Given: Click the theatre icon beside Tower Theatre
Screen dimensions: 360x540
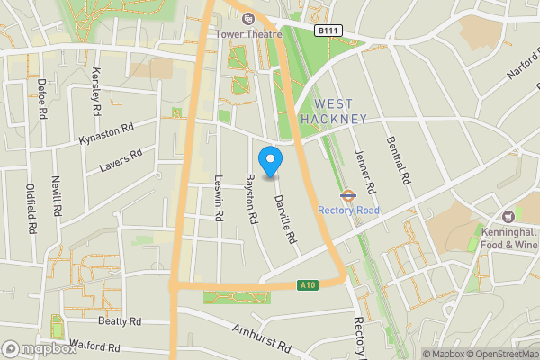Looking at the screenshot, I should [248, 18].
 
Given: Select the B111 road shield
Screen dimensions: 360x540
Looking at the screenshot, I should [328, 31].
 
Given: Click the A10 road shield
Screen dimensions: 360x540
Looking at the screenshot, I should [307, 285].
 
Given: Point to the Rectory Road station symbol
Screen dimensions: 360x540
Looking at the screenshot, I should [347, 193].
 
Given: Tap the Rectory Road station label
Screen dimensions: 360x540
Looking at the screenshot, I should [348, 211].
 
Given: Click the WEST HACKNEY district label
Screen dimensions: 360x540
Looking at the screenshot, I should [333, 112].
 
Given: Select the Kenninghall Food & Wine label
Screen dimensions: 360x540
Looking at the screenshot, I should [508, 237].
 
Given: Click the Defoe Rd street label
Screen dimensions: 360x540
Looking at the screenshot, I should [41, 99].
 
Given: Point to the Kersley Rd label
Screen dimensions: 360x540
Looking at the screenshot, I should [95, 90].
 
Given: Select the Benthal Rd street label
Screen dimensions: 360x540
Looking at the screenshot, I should [397, 160].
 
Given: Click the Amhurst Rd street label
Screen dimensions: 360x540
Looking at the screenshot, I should [262, 339].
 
